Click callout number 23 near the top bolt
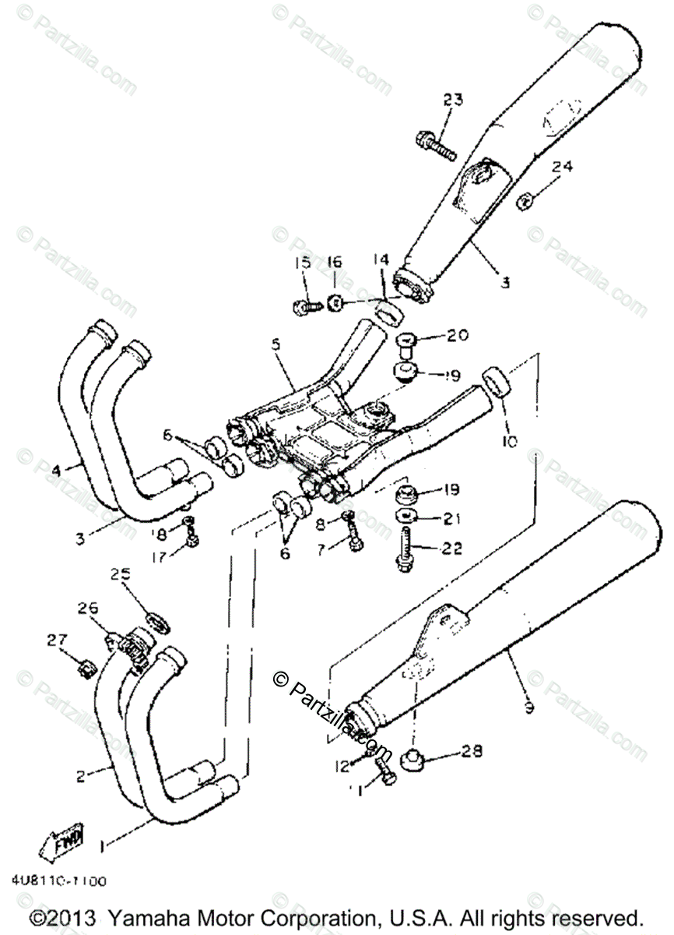click(x=453, y=100)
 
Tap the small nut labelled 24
click(x=524, y=202)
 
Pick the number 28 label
click(x=472, y=751)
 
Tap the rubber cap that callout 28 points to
click(x=410, y=757)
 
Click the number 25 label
click(x=120, y=574)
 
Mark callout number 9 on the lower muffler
click(x=528, y=707)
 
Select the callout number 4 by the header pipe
click(x=56, y=470)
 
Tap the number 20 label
click(x=458, y=336)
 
